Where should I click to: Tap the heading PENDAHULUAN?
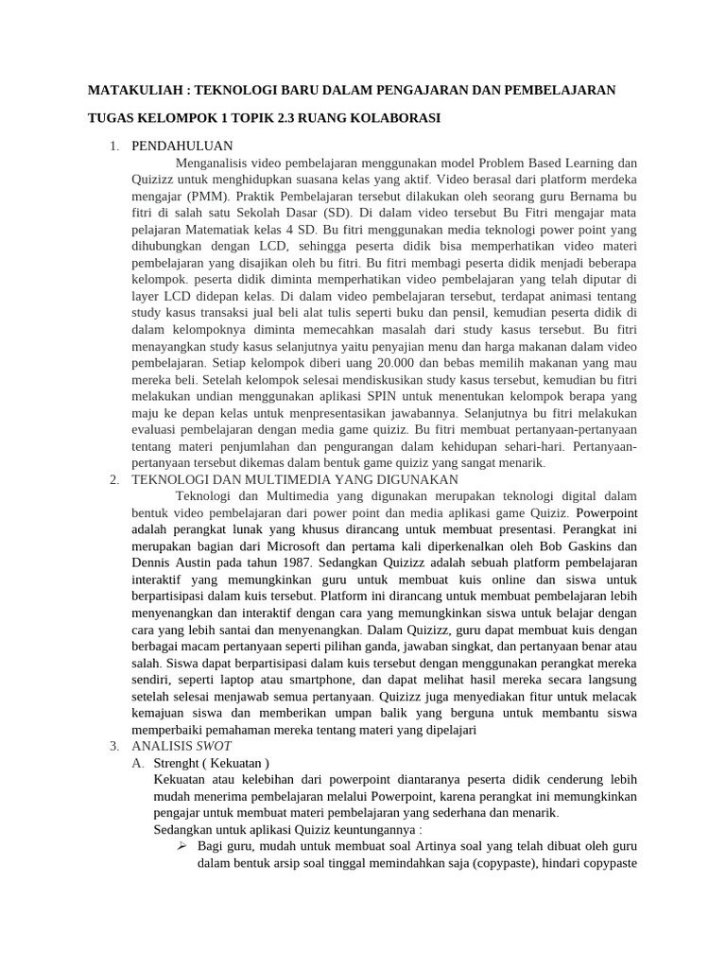tap(181, 146)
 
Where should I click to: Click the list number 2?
tap(113, 479)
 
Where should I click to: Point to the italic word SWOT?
tap(213, 746)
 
